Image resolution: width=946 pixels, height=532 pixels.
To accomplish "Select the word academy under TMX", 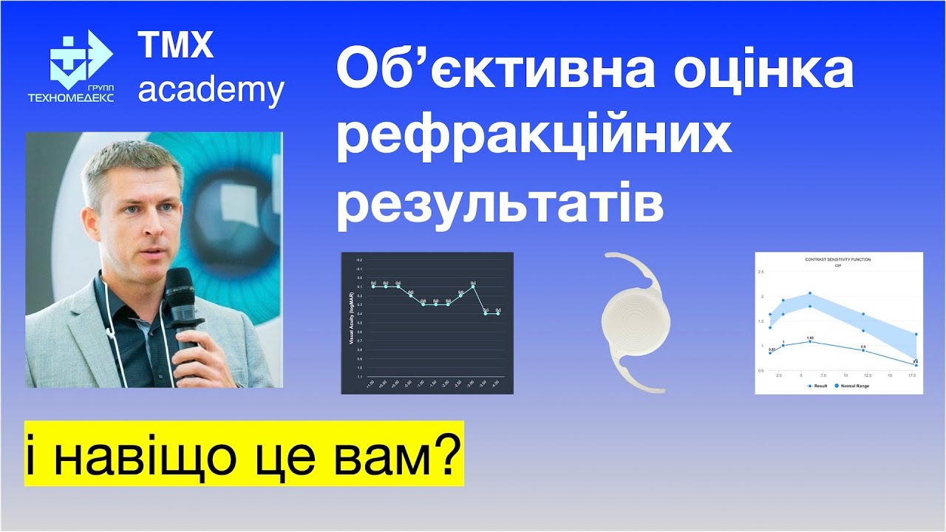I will (x=211, y=91).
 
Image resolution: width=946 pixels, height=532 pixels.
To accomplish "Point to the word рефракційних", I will (x=534, y=137).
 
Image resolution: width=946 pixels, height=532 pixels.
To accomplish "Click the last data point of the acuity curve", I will (x=498, y=313).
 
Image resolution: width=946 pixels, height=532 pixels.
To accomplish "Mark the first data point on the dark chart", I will (x=374, y=286).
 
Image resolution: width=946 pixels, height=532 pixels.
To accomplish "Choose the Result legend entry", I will (x=820, y=386).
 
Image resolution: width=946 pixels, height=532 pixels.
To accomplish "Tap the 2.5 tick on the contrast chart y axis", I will (x=760, y=272).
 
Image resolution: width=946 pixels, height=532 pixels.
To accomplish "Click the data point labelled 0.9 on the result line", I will (x=862, y=350).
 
